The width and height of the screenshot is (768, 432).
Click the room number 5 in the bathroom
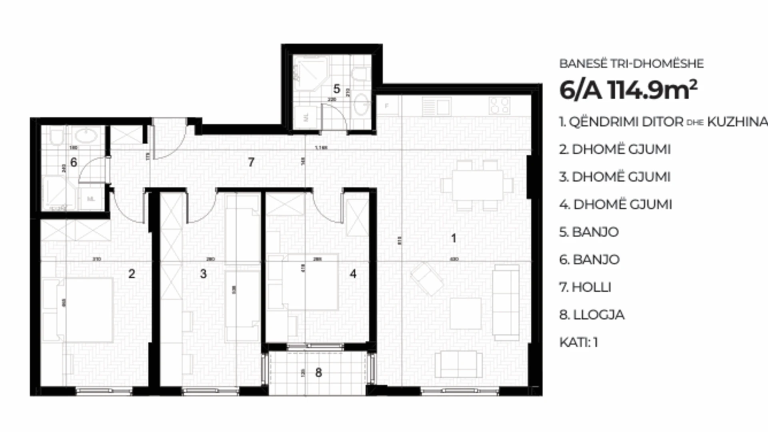(x=336, y=89)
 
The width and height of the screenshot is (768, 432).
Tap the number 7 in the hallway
(x=251, y=162)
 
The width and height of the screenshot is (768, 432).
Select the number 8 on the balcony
(x=318, y=372)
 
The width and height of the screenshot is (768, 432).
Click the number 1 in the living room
(x=453, y=238)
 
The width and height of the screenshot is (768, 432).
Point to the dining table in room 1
(x=477, y=185)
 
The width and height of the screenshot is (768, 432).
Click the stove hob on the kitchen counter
(x=499, y=106)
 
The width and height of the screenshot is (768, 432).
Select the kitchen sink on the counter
(x=436, y=107)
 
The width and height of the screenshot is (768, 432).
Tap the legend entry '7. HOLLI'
(x=585, y=287)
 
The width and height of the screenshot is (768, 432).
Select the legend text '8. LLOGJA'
(x=592, y=315)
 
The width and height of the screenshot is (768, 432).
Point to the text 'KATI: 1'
(x=578, y=342)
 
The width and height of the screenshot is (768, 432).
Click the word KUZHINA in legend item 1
(x=737, y=122)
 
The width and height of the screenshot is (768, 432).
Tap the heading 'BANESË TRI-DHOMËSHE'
(x=631, y=63)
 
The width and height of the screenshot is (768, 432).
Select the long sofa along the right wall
(x=506, y=302)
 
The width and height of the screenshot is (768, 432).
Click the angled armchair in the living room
(x=427, y=278)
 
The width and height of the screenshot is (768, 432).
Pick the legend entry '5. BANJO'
(x=589, y=232)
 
